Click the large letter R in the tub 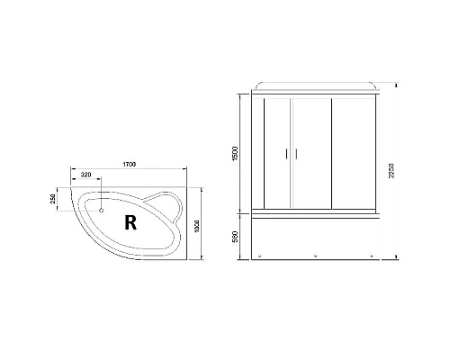pos(131,221)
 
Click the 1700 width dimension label pos(128,164)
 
